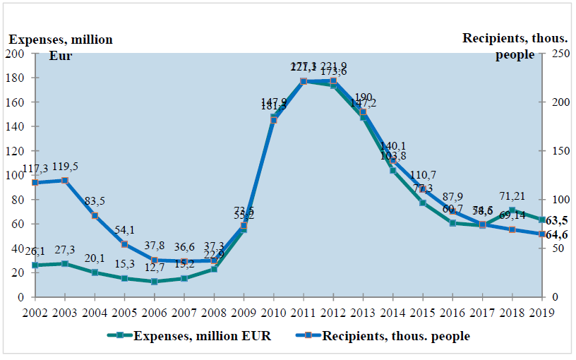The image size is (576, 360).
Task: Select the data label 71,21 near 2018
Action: [x=511, y=196]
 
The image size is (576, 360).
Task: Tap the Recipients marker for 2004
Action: [x=95, y=215]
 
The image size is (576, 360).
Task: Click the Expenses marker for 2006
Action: [x=154, y=282]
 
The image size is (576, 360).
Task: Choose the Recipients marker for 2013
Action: [x=363, y=112]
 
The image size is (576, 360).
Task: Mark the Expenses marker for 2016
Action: [x=452, y=223]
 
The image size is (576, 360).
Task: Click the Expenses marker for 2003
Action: [x=64, y=264]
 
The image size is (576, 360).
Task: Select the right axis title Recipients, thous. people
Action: [x=518, y=47]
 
